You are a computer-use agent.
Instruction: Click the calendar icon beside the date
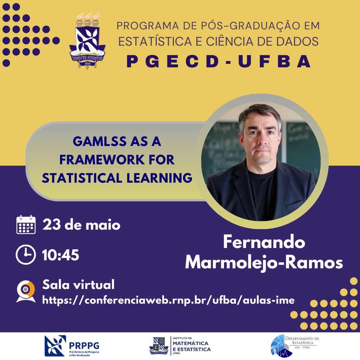(x=26, y=225)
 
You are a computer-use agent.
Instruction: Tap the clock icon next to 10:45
(x=26, y=255)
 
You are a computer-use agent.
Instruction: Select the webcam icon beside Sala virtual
(x=26, y=291)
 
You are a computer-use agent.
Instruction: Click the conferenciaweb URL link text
(x=168, y=300)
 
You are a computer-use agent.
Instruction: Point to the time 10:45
(x=61, y=255)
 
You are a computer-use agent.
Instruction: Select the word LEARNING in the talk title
(x=159, y=178)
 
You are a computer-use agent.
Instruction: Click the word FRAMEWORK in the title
(x=102, y=160)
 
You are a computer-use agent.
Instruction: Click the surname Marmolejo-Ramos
(x=264, y=262)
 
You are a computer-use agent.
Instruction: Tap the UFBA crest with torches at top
(x=87, y=41)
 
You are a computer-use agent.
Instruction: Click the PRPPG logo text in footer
(x=84, y=345)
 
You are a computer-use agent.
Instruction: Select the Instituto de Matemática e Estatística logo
(x=180, y=346)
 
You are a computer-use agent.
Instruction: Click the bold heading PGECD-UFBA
(x=219, y=62)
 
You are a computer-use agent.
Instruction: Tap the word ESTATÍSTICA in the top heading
(x=155, y=41)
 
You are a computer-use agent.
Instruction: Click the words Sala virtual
(x=78, y=285)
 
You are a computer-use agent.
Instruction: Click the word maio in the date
(x=103, y=225)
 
